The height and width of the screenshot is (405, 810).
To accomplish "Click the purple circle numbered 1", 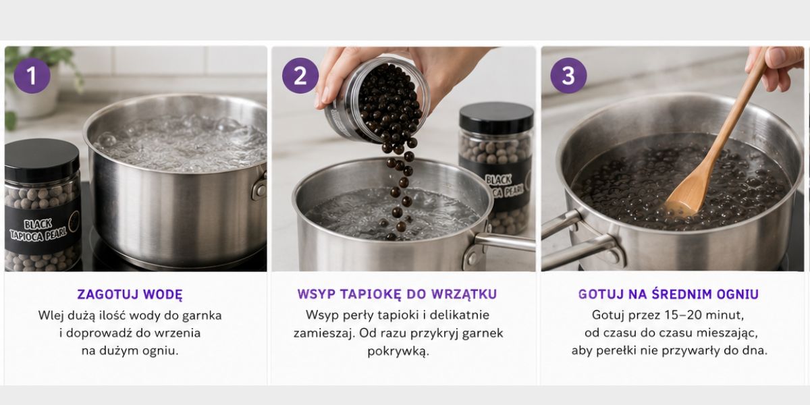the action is coord(32,76).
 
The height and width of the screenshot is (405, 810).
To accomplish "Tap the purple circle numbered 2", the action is coord(300,76).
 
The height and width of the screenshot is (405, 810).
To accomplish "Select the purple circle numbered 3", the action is coord(568,76).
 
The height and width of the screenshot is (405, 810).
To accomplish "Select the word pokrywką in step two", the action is coord(398,352).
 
